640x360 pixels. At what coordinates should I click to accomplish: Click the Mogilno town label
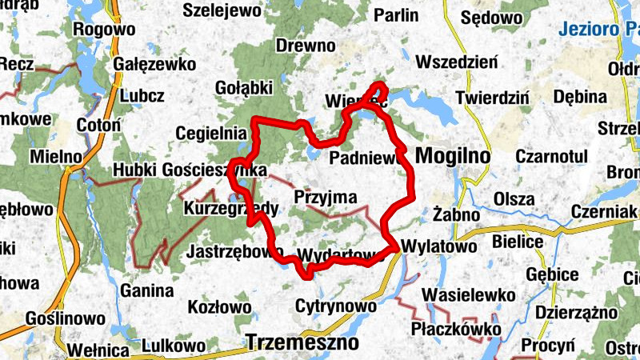click(x=453, y=154)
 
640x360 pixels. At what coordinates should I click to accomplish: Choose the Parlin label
click(x=395, y=15)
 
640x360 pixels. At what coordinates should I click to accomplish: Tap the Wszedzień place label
click(x=458, y=62)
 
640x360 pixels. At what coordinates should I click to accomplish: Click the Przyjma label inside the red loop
click(x=325, y=197)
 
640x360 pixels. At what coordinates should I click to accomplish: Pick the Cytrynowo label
click(x=335, y=306)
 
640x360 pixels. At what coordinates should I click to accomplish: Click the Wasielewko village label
click(x=471, y=294)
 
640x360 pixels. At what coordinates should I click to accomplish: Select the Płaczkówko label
click(x=456, y=329)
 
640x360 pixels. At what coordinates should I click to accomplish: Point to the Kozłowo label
click(x=219, y=306)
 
